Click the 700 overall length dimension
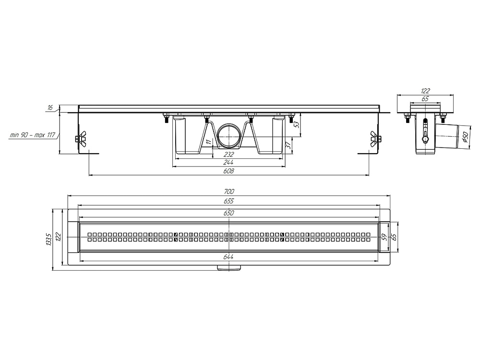coord(228,192)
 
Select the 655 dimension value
coord(228,201)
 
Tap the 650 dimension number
coord(228,213)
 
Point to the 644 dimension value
coord(228,257)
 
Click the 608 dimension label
coord(228,171)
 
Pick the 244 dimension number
coord(228,163)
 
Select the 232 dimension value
coord(228,154)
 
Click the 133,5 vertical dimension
coord(48,240)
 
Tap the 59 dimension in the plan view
coord(383,237)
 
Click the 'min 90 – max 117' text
coord(32,135)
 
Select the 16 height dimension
coord(50,108)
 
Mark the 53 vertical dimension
coord(296,125)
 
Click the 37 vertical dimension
coord(288,145)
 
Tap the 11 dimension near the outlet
coord(208,142)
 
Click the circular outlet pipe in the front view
coord(229,136)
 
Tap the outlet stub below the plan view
coord(228,268)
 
